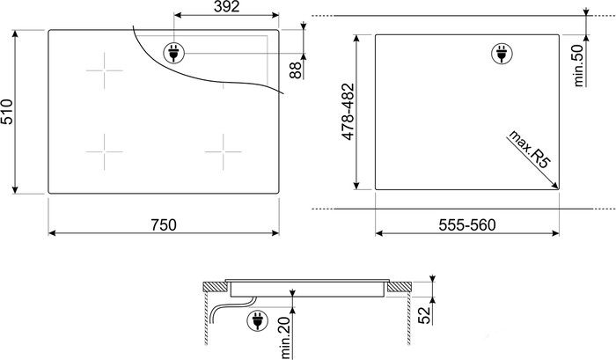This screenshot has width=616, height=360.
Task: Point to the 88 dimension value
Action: (295, 70)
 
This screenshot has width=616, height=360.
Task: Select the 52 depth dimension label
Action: (424, 314)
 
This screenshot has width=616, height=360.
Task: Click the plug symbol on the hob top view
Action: (173, 54)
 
